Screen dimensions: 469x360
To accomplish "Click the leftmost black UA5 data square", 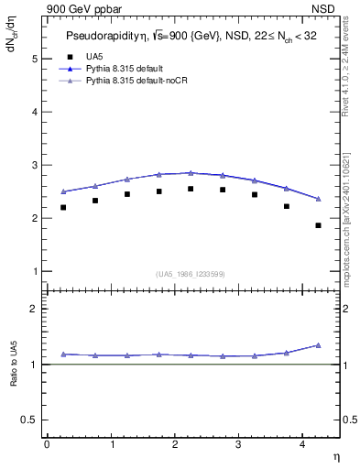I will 63,208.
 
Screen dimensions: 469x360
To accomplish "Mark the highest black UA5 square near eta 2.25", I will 191,189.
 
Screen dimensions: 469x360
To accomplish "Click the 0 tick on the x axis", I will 47,444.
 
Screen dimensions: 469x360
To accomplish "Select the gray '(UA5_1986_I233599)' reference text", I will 191,274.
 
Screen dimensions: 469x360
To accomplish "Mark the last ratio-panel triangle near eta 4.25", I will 318,345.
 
